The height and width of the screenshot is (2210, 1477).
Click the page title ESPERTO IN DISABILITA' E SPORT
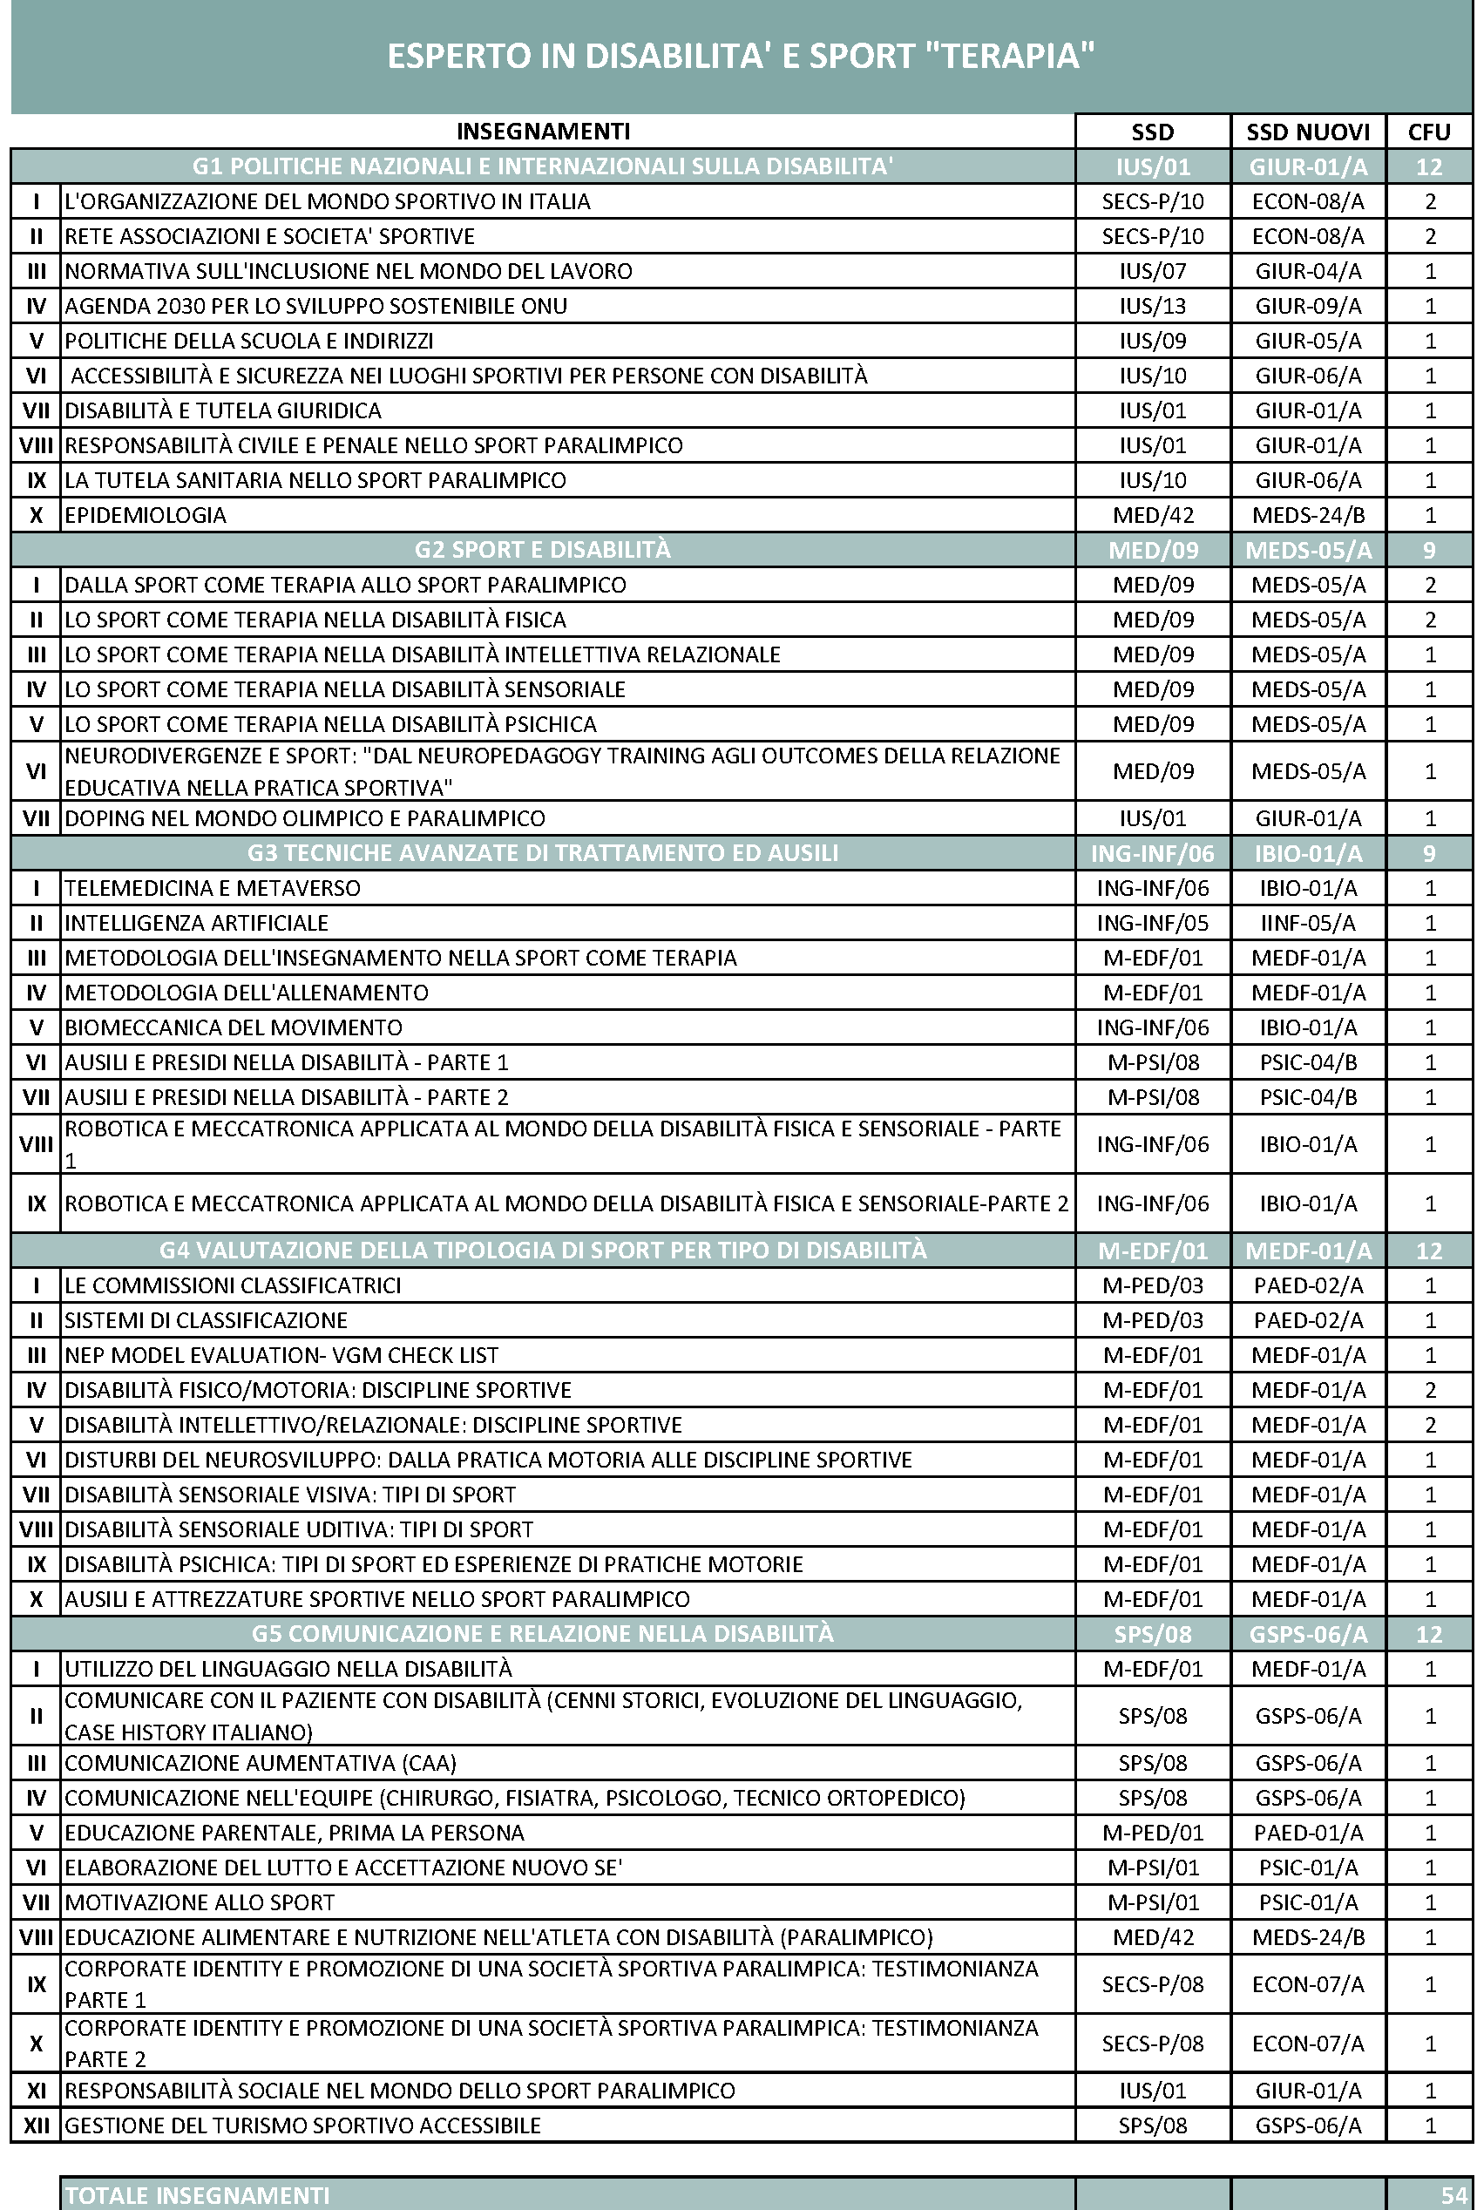(x=741, y=57)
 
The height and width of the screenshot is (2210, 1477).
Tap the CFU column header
(x=1429, y=132)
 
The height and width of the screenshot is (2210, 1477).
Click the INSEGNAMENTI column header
(x=544, y=132)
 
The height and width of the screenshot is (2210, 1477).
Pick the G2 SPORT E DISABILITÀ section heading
(x=543, y=549)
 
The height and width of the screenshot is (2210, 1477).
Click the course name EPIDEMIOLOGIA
(x=146, y=515)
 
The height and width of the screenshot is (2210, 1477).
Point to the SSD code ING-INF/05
(x=1152, y=923)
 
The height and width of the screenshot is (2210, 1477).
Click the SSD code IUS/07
(x=1152, y=271)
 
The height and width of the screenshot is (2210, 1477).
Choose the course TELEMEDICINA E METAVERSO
(x=213, y=888)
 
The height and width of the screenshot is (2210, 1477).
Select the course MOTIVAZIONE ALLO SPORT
(x=200, y=1903)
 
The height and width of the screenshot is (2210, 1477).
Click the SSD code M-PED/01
(x=1152, y=1834)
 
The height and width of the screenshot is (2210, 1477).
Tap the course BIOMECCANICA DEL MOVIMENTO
(x=234, y=1027)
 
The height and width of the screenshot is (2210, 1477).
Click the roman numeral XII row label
(x=36, y=2126)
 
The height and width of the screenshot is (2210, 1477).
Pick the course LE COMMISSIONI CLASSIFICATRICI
(x=233, y=1286)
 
